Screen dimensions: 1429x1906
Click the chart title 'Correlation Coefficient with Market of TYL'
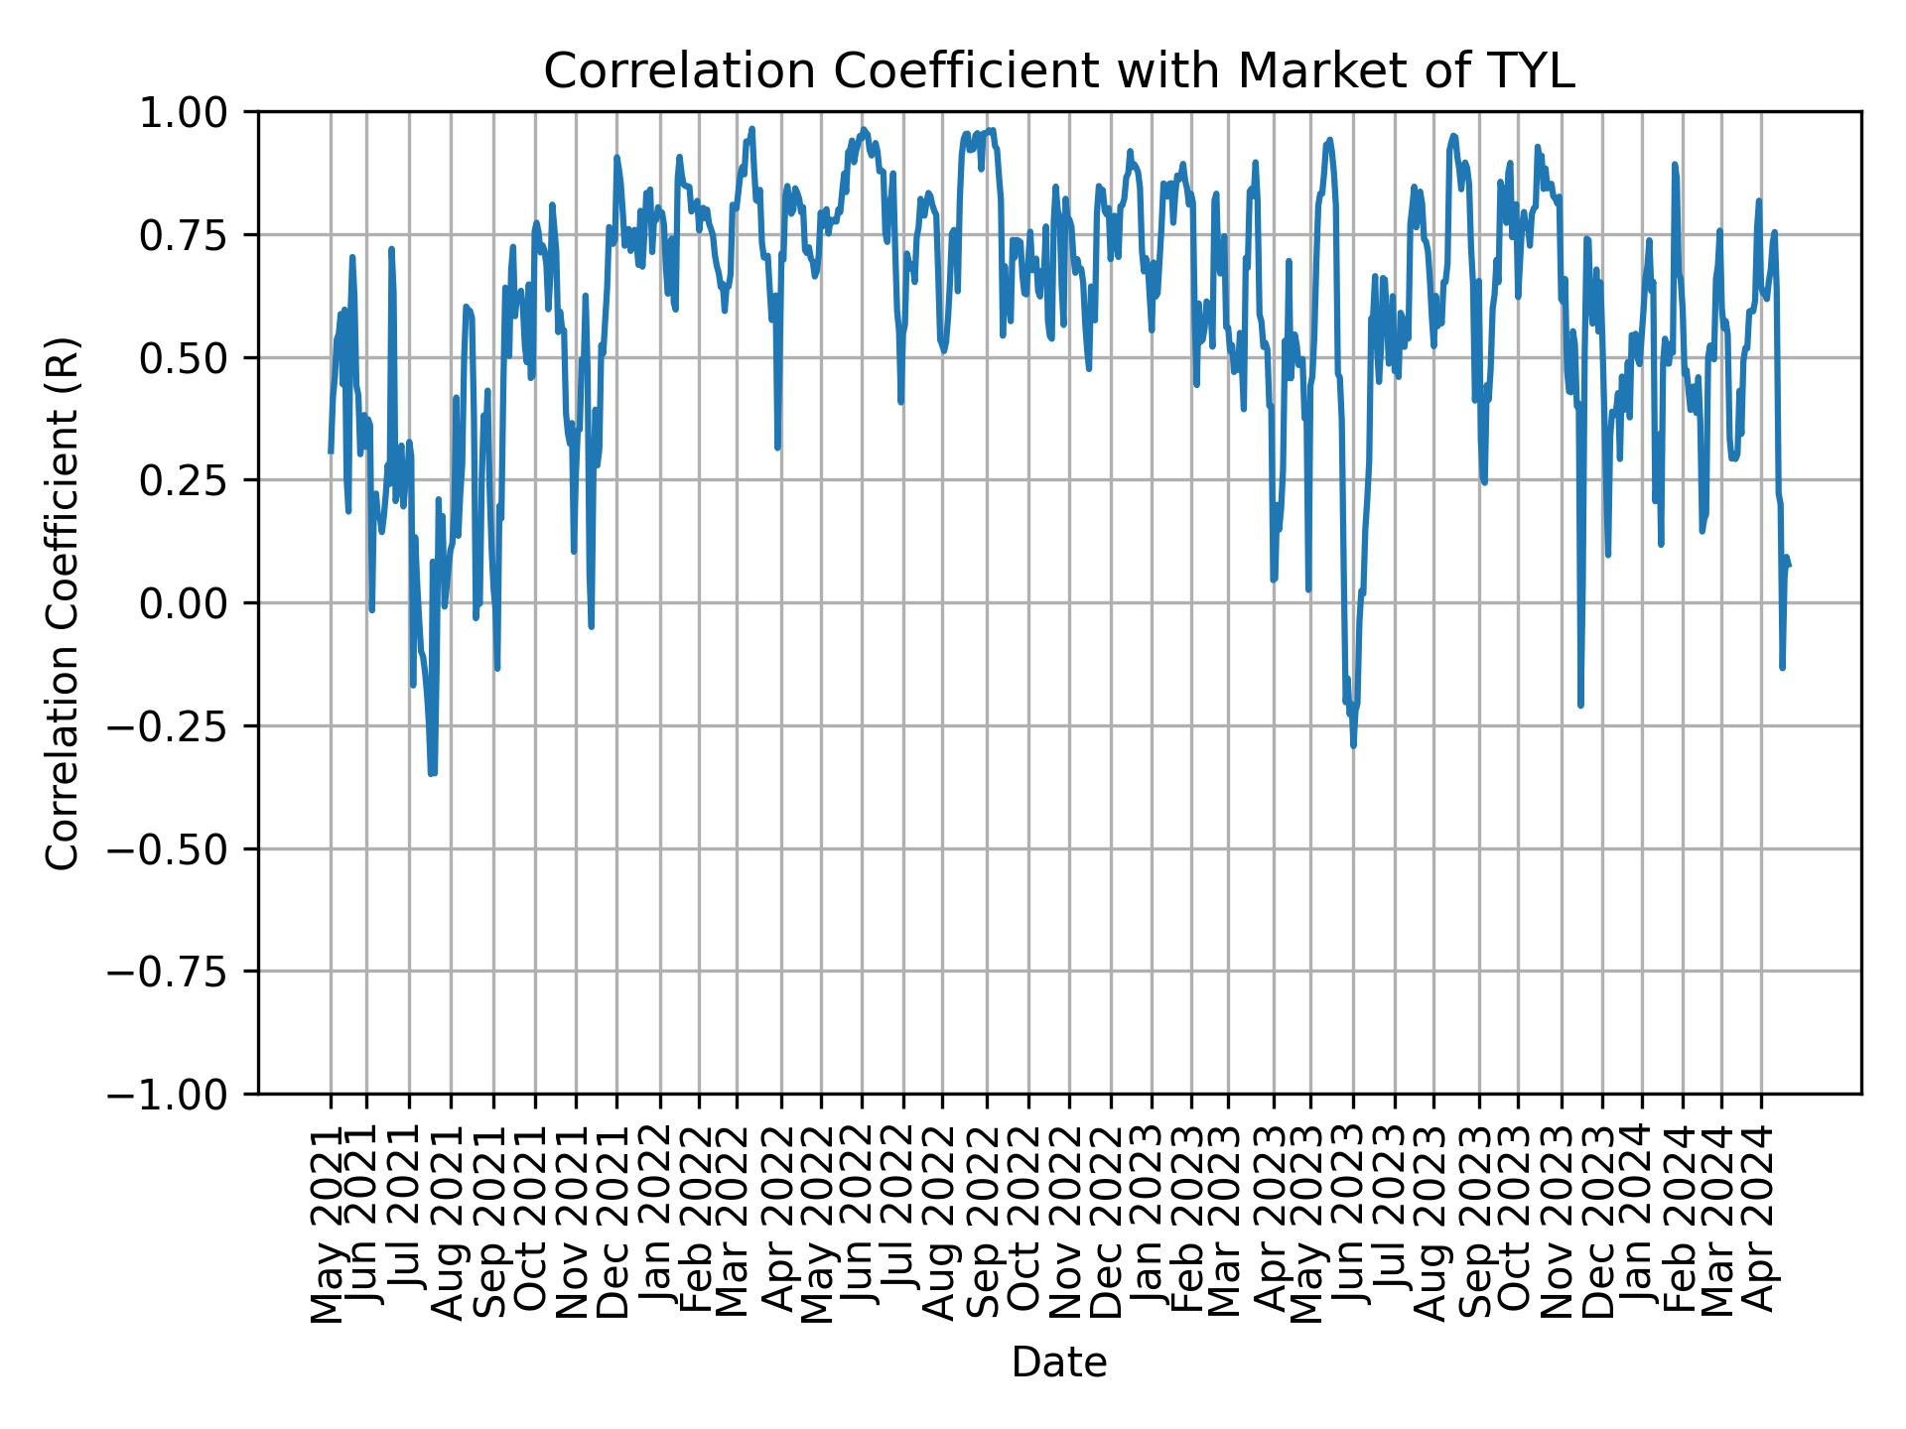(x=1058, y=71)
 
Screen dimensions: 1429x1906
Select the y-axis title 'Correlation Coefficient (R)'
(x=62, y=603)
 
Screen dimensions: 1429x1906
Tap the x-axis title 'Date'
(x=1058, y=1364)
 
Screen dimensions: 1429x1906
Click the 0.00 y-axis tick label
(x=198, y=603)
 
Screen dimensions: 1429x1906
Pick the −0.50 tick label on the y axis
(x=184, y=849)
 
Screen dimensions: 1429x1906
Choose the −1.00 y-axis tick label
(x=184, y=1095)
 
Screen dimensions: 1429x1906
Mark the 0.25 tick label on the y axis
(x=198, y=481)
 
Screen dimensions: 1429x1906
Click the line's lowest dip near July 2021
(x=432, y=773)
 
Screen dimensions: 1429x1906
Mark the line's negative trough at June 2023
(x=1353, y=744)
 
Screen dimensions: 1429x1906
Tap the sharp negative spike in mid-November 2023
(x=1579, y=705)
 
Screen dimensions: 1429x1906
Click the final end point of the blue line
(x=1789, y=566)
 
